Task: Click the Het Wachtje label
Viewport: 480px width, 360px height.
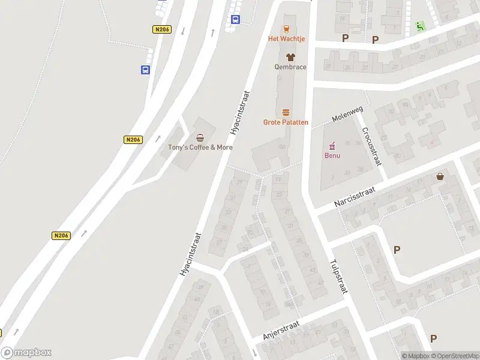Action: click(x=286, y=39)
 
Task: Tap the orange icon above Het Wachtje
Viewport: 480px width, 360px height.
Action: click(x=286, y=28)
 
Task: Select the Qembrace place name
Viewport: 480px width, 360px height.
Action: click(x=290, y=67)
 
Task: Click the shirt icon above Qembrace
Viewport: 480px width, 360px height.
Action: click(x=290, y=57)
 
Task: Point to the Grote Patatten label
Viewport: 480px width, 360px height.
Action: click(x=286, y=122)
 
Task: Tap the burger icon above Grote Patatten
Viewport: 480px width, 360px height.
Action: click(x=286, y=112)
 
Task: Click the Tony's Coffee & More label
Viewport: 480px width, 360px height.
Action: click(x=200, y=148)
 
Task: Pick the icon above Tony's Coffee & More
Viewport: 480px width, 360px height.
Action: click(x=200, y=137)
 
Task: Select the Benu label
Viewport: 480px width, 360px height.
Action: click(x=332, y=156)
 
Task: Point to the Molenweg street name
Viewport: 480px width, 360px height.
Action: click(x=347, y=114)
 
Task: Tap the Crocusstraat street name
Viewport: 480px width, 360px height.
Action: click(x=371, y=146)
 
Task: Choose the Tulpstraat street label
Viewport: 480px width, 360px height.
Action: click(x=338, y=276)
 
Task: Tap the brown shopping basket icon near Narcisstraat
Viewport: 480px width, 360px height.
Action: click(x=441, y=176)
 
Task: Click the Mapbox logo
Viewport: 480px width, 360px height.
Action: click(x=26, y=353)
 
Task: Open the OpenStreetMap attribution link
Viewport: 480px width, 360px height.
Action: click(x=454, y=356)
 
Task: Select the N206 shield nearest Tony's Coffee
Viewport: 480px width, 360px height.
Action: click(x=133, y=140)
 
